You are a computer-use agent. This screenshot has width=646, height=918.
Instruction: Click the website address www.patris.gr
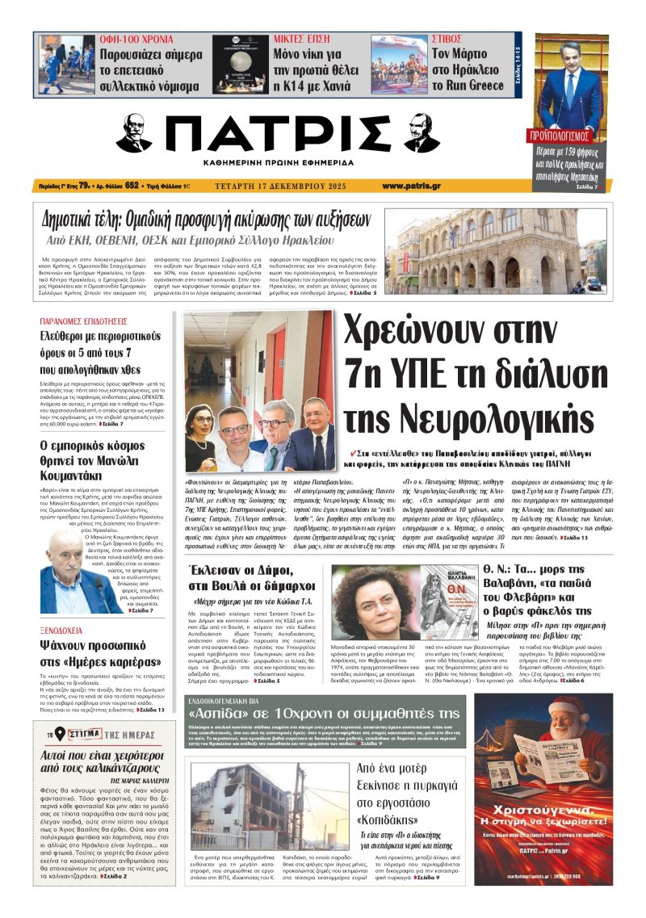[411, 186]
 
